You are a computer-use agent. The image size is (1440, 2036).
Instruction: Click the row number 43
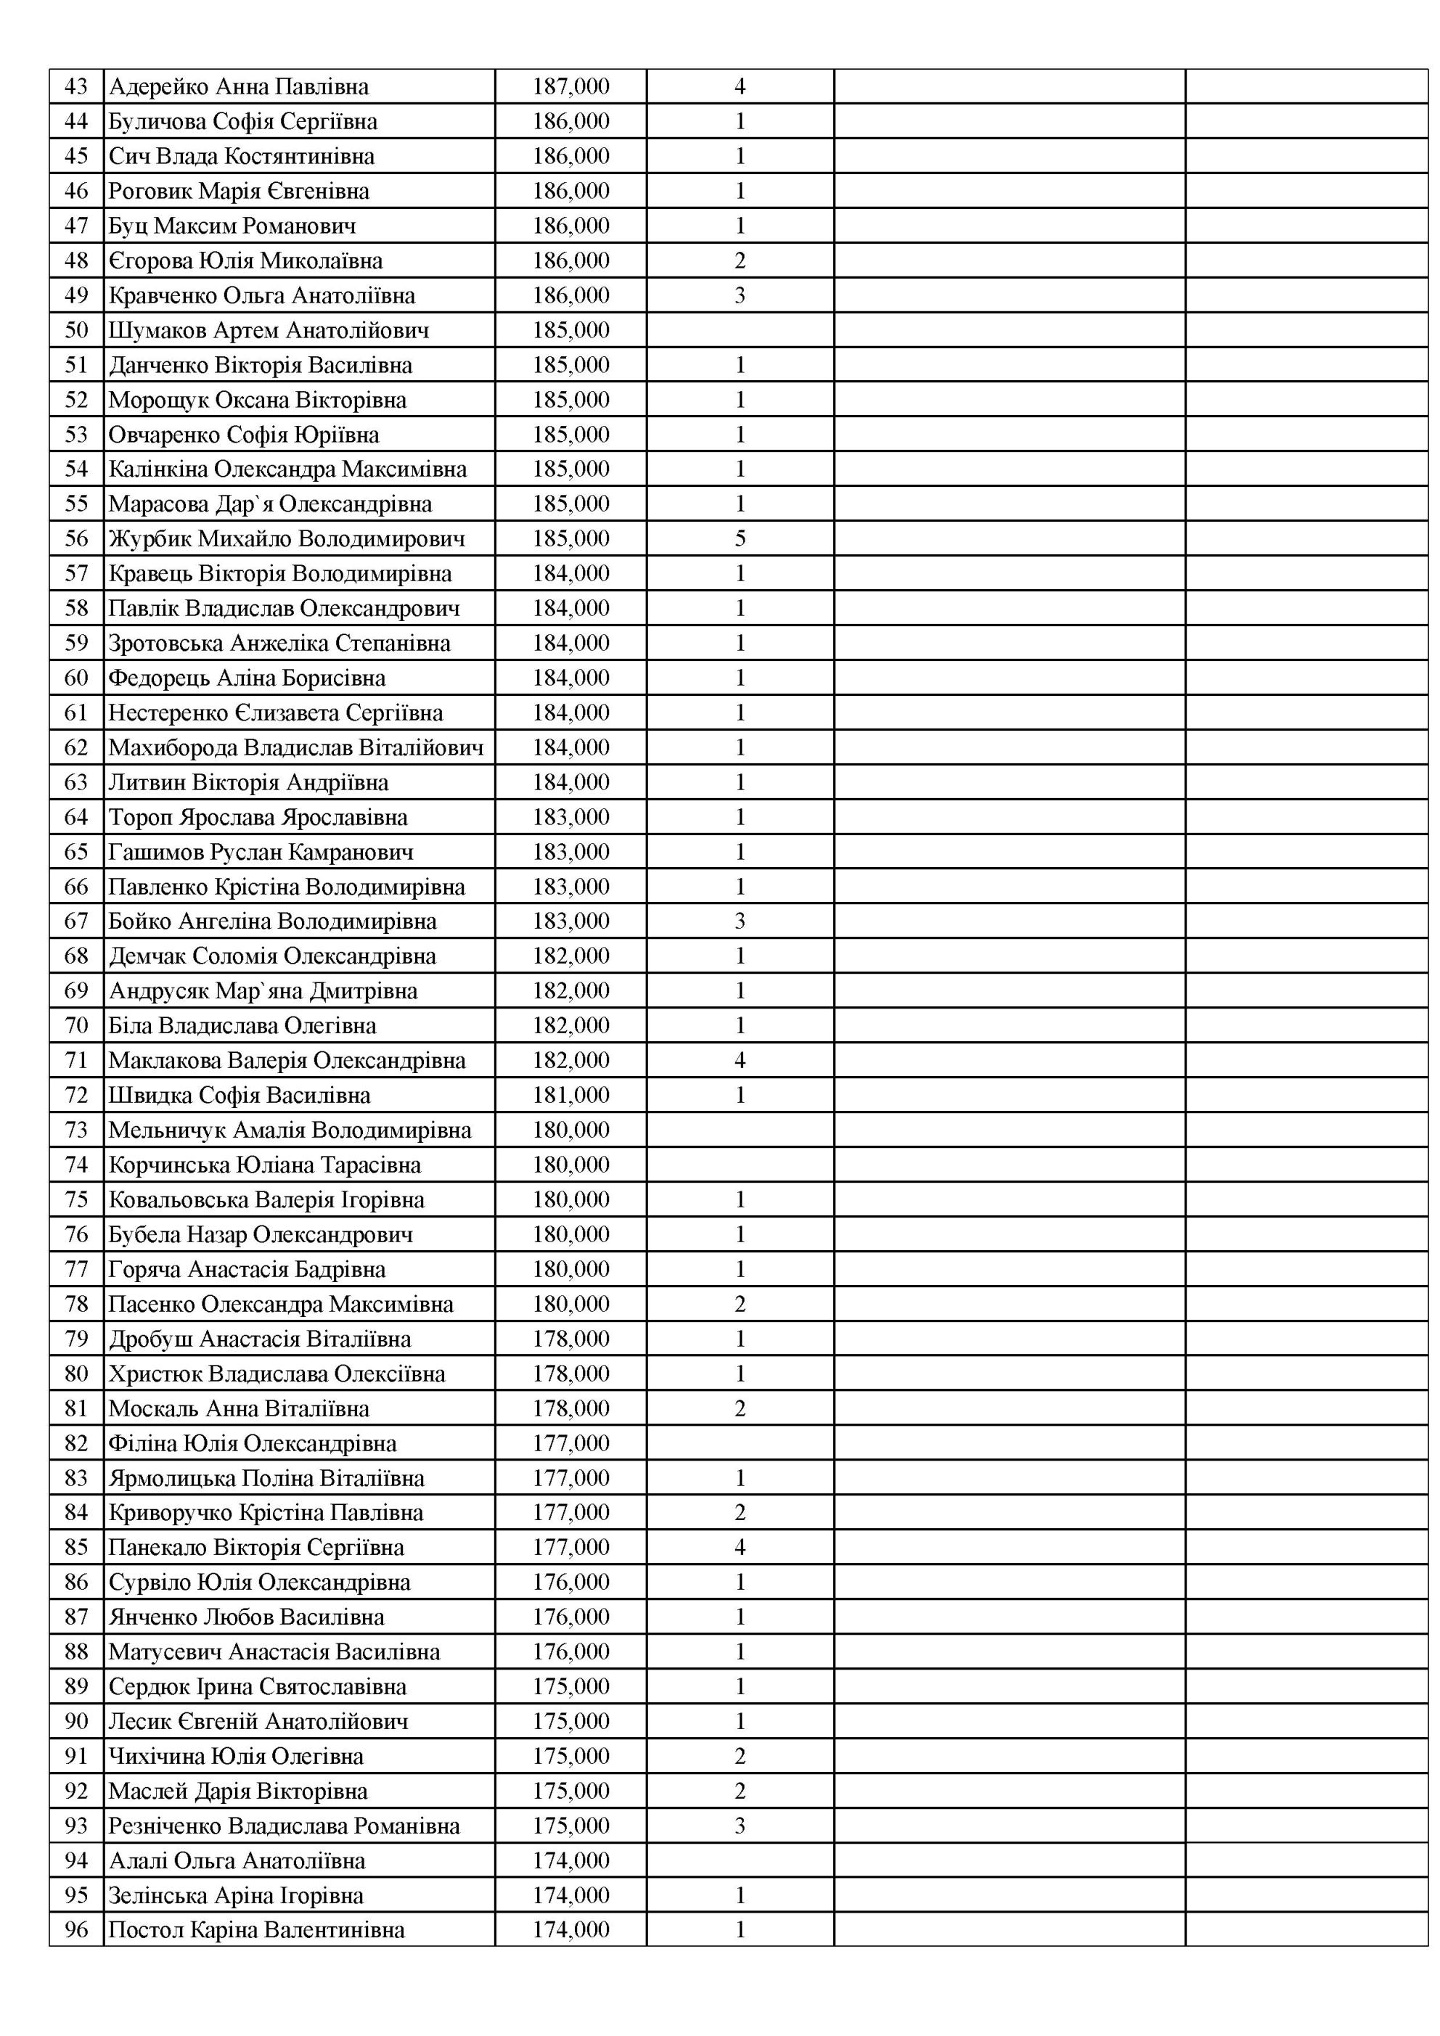tap(76, 86)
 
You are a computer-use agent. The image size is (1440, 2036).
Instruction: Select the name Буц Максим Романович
tap(232, 225)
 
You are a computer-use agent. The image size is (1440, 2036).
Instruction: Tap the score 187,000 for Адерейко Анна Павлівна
tap(570, 86)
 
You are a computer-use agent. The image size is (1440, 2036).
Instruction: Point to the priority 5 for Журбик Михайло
tap(740, 538)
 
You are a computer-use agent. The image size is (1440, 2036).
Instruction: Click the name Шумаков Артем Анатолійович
tap(269, 330)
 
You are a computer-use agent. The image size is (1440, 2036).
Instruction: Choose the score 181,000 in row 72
tap(570, 1095)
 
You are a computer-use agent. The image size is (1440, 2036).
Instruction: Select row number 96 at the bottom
tap(76, 1929)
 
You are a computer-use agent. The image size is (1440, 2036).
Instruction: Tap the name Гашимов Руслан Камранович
tap(261, 852)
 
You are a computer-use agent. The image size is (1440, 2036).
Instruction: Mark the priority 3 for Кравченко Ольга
tap(740, 295)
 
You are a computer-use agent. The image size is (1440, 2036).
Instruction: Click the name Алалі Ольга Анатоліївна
tap(237, 1860)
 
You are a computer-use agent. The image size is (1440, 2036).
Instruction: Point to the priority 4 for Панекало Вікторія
tap(740, 1548)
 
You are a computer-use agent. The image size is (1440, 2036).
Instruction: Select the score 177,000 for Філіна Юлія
tap(570, 1442)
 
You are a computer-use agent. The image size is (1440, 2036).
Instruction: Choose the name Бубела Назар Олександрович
tap(261, 1234)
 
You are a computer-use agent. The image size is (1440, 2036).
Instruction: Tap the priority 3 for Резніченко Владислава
tap(740, 1826)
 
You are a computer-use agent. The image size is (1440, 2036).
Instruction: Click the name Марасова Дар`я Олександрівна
tap(271, 504)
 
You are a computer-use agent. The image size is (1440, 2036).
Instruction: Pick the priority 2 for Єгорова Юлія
tap(740, 260)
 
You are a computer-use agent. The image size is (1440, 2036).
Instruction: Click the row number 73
tap(76, 1130)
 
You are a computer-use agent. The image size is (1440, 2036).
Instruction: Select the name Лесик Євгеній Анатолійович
tap(258, 1721)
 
